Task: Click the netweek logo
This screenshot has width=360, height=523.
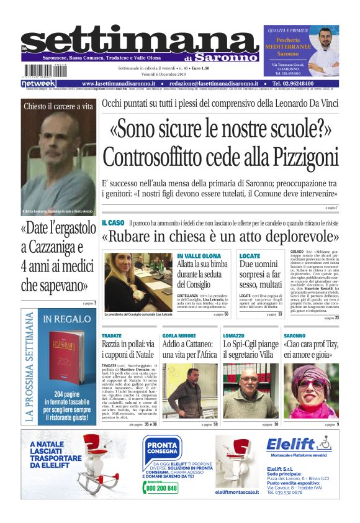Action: [x=38, y=84]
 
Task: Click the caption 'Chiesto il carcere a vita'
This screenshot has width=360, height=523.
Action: [x=58, y=106]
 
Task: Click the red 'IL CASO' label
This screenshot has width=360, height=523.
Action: [x=113, y=222]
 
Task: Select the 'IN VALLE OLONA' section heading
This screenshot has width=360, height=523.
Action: [x=199, y=256]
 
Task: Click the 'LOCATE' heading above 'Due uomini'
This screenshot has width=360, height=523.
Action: [x=250, y=256]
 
